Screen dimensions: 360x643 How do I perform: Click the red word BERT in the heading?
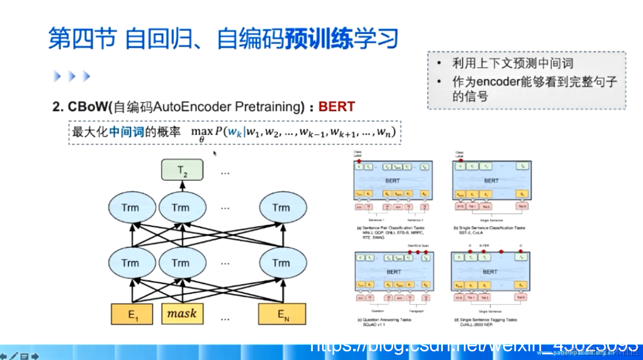click(x=337, y=107)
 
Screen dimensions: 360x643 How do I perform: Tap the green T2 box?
click(x=182, y=170)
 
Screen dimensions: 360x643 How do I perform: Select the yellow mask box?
click(x=182, y=314)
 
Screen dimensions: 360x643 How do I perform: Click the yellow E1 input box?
click(x=132, y=314)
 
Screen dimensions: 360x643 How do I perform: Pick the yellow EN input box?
click(x=283, y=314)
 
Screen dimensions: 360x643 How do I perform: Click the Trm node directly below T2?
click(x=180, y=208)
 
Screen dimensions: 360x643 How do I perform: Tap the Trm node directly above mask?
click(x=180, y=263)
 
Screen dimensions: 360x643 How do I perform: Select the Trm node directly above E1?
click(x=130, y=263)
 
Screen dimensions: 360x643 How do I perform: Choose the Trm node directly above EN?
click(x=281, y=263)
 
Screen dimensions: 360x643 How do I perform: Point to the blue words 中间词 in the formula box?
click(x=126, y=132)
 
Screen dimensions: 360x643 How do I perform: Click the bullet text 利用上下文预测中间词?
click(x=512, y=63)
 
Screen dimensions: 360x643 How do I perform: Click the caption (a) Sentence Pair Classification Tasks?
click(x=392, y=228)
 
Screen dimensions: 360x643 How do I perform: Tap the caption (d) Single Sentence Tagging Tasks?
click(x=485, y=320)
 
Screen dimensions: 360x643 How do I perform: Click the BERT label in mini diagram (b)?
click(x=491, y=181)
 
